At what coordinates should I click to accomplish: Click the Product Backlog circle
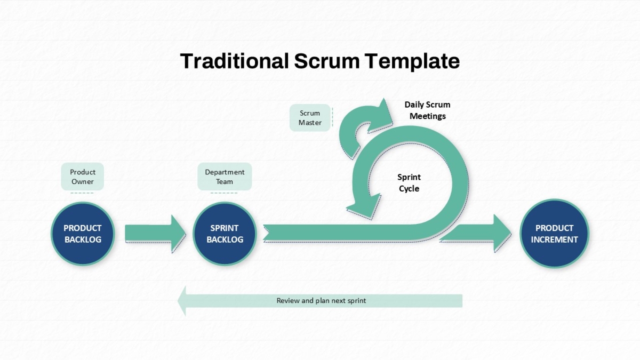(83, 234)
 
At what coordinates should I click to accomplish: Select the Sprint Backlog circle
(225, 234)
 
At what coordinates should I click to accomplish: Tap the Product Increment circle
(554, 234)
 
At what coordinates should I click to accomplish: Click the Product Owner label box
(82, 177)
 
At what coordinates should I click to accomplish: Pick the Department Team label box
(225, 177)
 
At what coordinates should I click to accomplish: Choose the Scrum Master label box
(310, 118)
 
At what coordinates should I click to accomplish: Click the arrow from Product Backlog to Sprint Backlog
(155, 234)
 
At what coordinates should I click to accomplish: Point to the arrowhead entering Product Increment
(502, 233)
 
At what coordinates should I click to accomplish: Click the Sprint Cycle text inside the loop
(409, 183)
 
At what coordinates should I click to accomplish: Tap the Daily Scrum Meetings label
(427, 110)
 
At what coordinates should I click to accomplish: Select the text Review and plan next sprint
(321, 301)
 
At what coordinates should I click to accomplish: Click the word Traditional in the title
(234, 61)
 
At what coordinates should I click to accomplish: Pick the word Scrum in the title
(327, 61)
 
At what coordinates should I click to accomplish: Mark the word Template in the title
(412, 62)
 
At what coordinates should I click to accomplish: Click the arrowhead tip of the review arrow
(178, 301)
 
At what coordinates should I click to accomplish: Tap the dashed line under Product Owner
(82, 193)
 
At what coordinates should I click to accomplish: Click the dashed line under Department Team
(224, 193)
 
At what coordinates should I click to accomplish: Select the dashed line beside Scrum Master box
(333, 117)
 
